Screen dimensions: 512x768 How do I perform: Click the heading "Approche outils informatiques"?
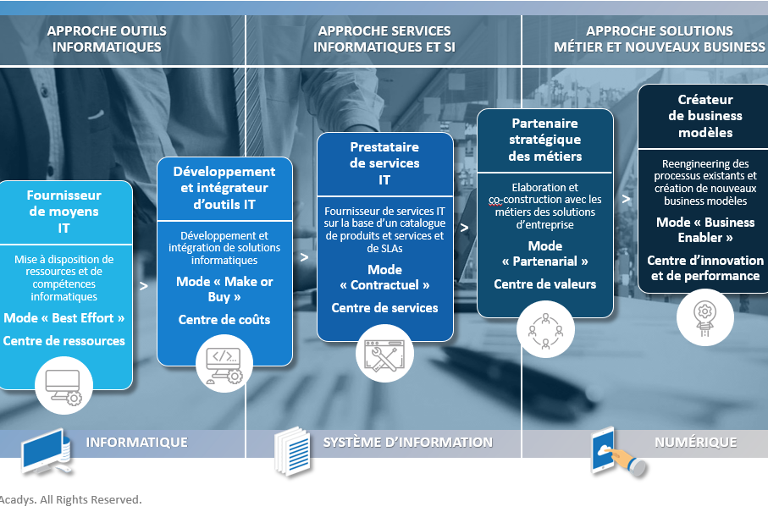pyautogui.click(x=107, y=39)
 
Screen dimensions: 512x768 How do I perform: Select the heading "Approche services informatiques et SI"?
pyautogui.click(x=384, y=39)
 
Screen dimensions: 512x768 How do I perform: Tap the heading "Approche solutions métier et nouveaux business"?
pyautogui.click(x=659, y=39)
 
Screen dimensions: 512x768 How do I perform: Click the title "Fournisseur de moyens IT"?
pyautogui.click(x=64, y=212)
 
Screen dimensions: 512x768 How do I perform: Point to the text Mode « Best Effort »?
pyautogui.click(x=64, y=318)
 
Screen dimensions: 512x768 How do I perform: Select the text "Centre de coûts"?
pyautogui.click(x=224, y=319)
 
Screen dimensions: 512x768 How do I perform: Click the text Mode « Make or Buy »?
pyautogui.click(x=224, y=289)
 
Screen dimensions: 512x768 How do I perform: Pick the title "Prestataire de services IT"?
pyautogui.click(x=384, y=163)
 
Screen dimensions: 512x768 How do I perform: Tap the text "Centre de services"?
pyautogui.click(x=384, y=308)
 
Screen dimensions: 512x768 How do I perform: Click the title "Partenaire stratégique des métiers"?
pyautogui.click(x=544, y=140)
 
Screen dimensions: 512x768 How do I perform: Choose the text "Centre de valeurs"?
pyautogui.click(x=544, y=284)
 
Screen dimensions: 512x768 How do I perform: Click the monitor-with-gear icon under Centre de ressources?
pyautogui.click(x=64, y=385)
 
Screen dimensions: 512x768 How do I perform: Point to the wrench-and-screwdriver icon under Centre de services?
pyautogui.click(x=384, y=356)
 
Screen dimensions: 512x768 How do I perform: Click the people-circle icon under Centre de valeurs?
pyautogui.click(x=544, y=330)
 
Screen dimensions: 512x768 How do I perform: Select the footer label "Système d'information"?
pyautogui.click(x=407, y=442)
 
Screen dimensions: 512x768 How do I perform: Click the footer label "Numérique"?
pyautogui.click(x=695, y=442)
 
